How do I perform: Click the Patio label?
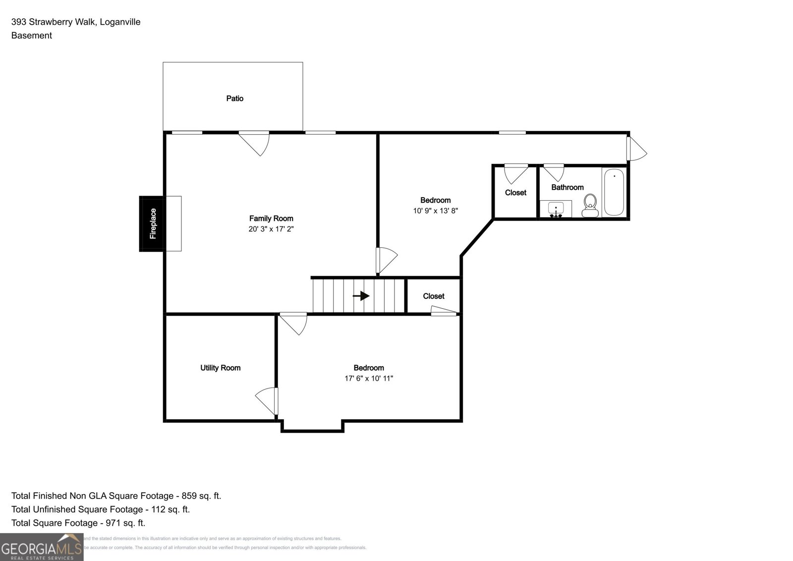point(234,99)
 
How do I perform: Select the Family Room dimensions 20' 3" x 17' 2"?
point(271,229)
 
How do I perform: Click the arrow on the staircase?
point(361,296)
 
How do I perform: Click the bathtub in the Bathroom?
point(614,192)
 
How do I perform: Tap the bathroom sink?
point(556,209)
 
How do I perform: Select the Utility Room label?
point(220,368)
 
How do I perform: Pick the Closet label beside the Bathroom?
point(515,193)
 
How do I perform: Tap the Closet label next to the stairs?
point(433,296)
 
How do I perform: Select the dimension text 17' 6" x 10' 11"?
point(369,379)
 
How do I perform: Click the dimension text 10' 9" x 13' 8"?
point(435,211)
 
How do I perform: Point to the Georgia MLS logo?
point(42,547)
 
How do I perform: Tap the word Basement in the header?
point(32,36)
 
